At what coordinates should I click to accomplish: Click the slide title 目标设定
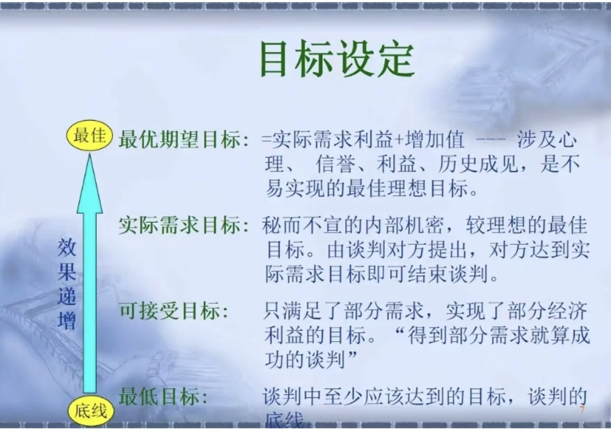(x=337, y=60)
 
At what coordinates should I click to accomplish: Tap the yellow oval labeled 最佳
(x=90, y=136)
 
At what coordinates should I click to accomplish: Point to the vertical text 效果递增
(x=67, y=284)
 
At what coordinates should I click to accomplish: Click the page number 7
(x=582, y=410)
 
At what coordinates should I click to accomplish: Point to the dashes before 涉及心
(x=487, y=140)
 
